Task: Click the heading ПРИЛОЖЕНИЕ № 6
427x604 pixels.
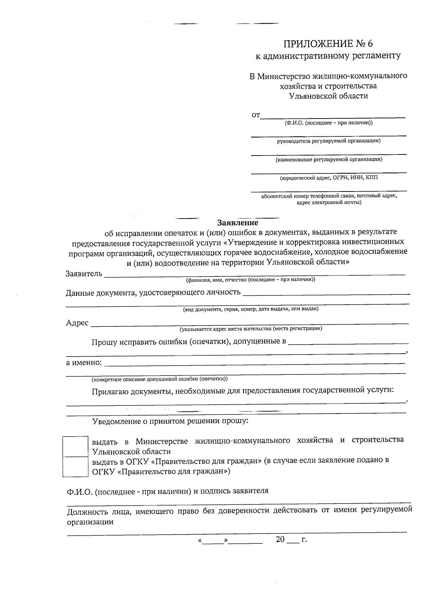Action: tap(328, 44)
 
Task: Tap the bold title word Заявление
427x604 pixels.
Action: tap(238, 223)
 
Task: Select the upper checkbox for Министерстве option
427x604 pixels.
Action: tap(75, 446)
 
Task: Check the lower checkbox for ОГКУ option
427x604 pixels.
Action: tap(75, 467)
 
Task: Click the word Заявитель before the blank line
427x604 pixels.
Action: tap(84, 274)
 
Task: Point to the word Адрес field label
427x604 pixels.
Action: tap(77, 322)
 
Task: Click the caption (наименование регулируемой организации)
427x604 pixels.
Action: tap(329, 159)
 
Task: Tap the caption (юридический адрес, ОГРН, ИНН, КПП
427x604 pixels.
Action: tap(329, 178)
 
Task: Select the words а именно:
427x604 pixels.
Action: tap(84, 363)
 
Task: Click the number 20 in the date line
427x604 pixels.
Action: tap(280, 539)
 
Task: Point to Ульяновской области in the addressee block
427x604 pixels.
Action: tap(328, 96)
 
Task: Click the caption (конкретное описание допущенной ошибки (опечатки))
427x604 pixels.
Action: tap(159, 379)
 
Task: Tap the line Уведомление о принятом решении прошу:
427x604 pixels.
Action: tap(170, 421)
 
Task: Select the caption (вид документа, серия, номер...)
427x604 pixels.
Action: tap(251, 309)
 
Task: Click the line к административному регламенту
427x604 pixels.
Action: tap(328, 56)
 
